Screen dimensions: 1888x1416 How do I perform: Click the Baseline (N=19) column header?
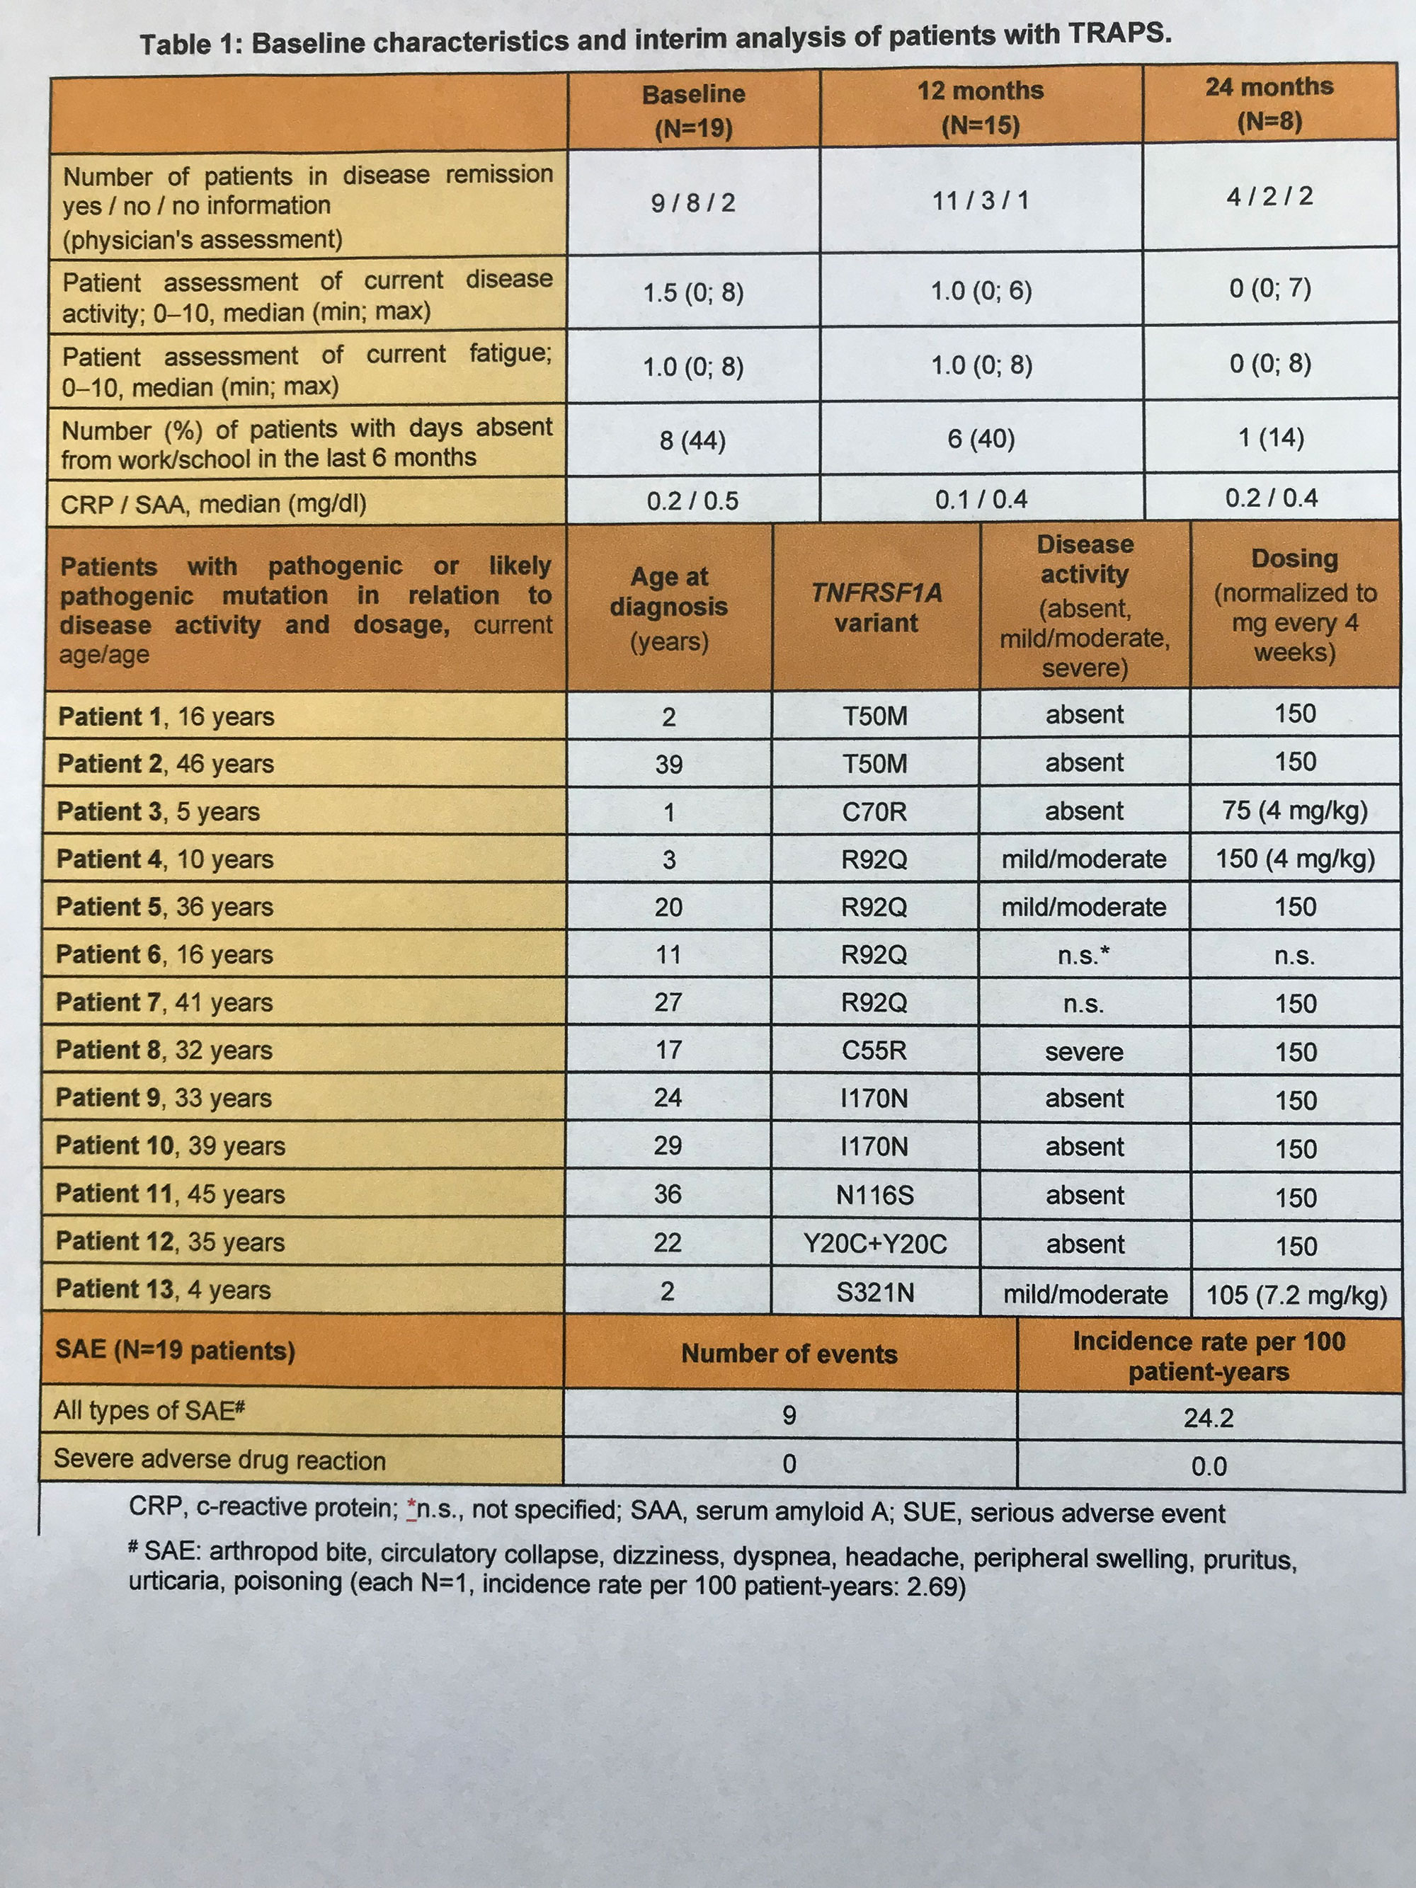pyautogui.click(x=693, y=110)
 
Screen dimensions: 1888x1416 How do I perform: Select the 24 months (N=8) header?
pyautogui.click(x=1269, y=103)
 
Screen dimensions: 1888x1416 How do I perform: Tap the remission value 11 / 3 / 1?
pyautogui.click(x=981, y=200)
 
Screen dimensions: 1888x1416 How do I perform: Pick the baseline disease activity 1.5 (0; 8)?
pyautogui.click(x=692, y=293)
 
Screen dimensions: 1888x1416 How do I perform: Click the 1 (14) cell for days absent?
pyautogui.click(x=1271, y=438)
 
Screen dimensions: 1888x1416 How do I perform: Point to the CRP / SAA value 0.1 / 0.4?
pyautogui.click(x=981, y=499)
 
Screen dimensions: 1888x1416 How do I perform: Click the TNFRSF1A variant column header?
pyautogui.click(x=876, y=607)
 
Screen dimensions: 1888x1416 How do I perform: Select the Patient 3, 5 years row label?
pyautogui.click(x=158, y=811)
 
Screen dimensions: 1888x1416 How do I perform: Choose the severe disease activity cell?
pyautogui.click(x=1084, y=1051)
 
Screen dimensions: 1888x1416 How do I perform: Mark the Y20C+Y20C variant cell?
pyautogui.click(x=875, y=1244)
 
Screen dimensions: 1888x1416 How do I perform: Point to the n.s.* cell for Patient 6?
pyautogui.click(x=1084, y=955)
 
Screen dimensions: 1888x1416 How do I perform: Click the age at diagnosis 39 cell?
pyautogui.click(x=668, y=764)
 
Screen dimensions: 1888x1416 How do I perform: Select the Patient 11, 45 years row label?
pyautogui.click(x=170, y=1194)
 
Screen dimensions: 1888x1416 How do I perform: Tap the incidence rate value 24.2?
pyautogui.click(x=1208, y=1418)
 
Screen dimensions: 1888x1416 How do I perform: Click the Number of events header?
pyautogui.click(x=789, y=1354)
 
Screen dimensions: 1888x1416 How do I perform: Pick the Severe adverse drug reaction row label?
pyautogui.click(x=219, y=1460)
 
